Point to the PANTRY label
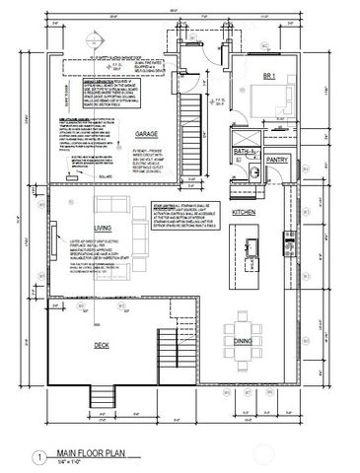(276, 160)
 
